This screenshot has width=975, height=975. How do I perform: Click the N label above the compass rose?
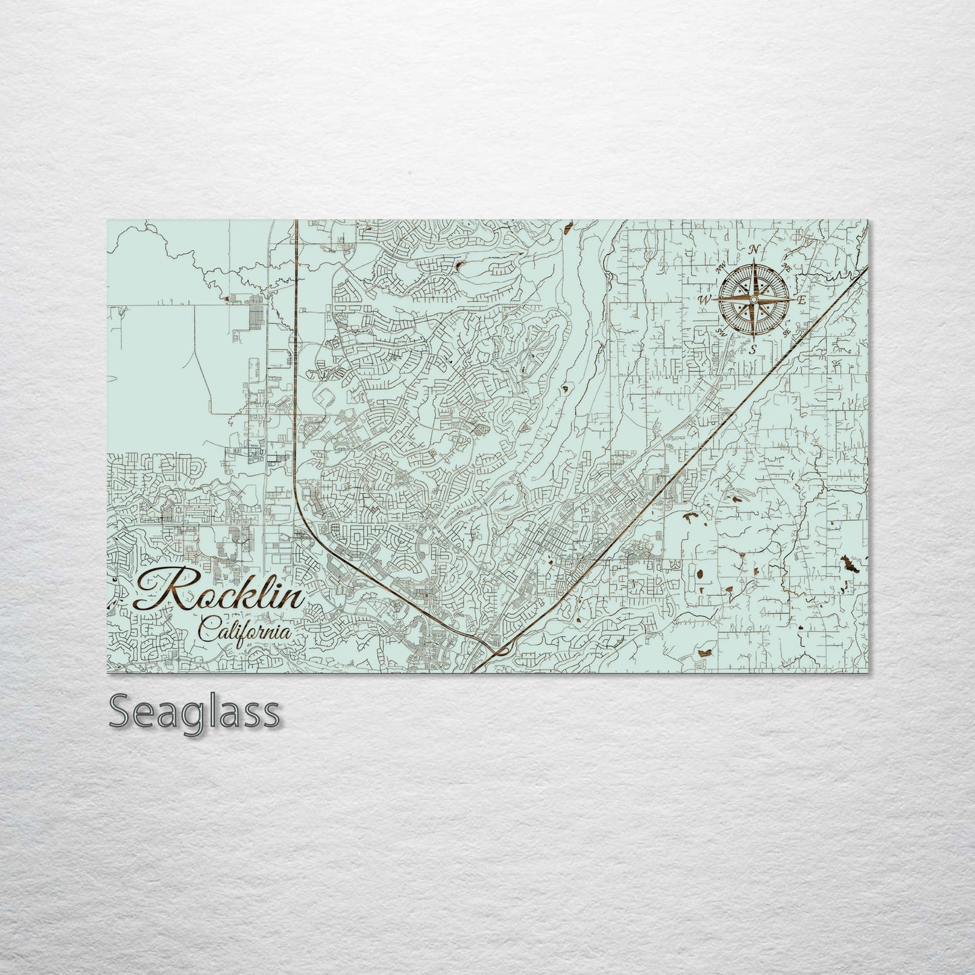[x=754, y=250]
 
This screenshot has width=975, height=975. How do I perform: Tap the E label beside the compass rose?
[x=801, y=300]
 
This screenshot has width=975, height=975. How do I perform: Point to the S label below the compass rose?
[x=753, y=350]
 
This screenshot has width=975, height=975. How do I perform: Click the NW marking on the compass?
[x=721, y=265]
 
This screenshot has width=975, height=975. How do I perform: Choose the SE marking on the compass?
[x=786, y=332]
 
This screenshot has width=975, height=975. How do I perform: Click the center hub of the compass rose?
[x=754, y=299]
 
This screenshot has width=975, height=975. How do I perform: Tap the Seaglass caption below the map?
[x=194, y=712]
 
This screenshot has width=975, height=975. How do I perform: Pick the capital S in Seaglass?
[x=122, y=712]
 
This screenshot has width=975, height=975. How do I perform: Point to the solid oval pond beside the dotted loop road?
[x=699, y=576]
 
